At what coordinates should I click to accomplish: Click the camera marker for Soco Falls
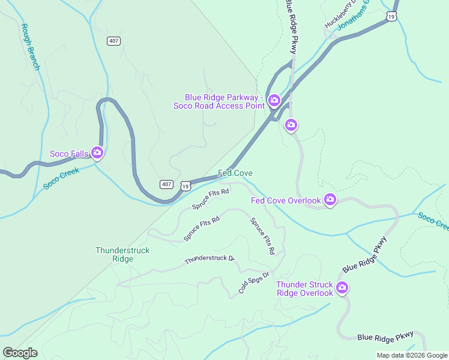coord(97,153)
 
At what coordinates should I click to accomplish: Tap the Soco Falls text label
coord(69,154)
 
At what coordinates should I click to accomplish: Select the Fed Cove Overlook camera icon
coord(330,199)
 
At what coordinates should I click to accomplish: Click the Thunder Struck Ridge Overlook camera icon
coord(342,288)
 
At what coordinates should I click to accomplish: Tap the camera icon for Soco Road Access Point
coord(274,100)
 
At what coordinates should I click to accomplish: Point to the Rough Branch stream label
coord(30,47)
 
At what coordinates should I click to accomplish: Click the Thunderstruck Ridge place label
coord(122,254)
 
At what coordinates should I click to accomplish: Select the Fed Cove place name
coord(235,173)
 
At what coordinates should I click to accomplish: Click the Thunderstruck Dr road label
coord(209,259)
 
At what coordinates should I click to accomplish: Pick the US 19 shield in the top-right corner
coord(391,17)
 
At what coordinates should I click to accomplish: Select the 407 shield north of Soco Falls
coord(113,41)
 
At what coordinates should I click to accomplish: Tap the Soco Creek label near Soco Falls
coord(61,179)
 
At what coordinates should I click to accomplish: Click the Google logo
coord(20,353)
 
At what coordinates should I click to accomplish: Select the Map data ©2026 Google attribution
coord(412,355)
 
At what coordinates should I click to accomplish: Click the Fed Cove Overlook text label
coord(286,200)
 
